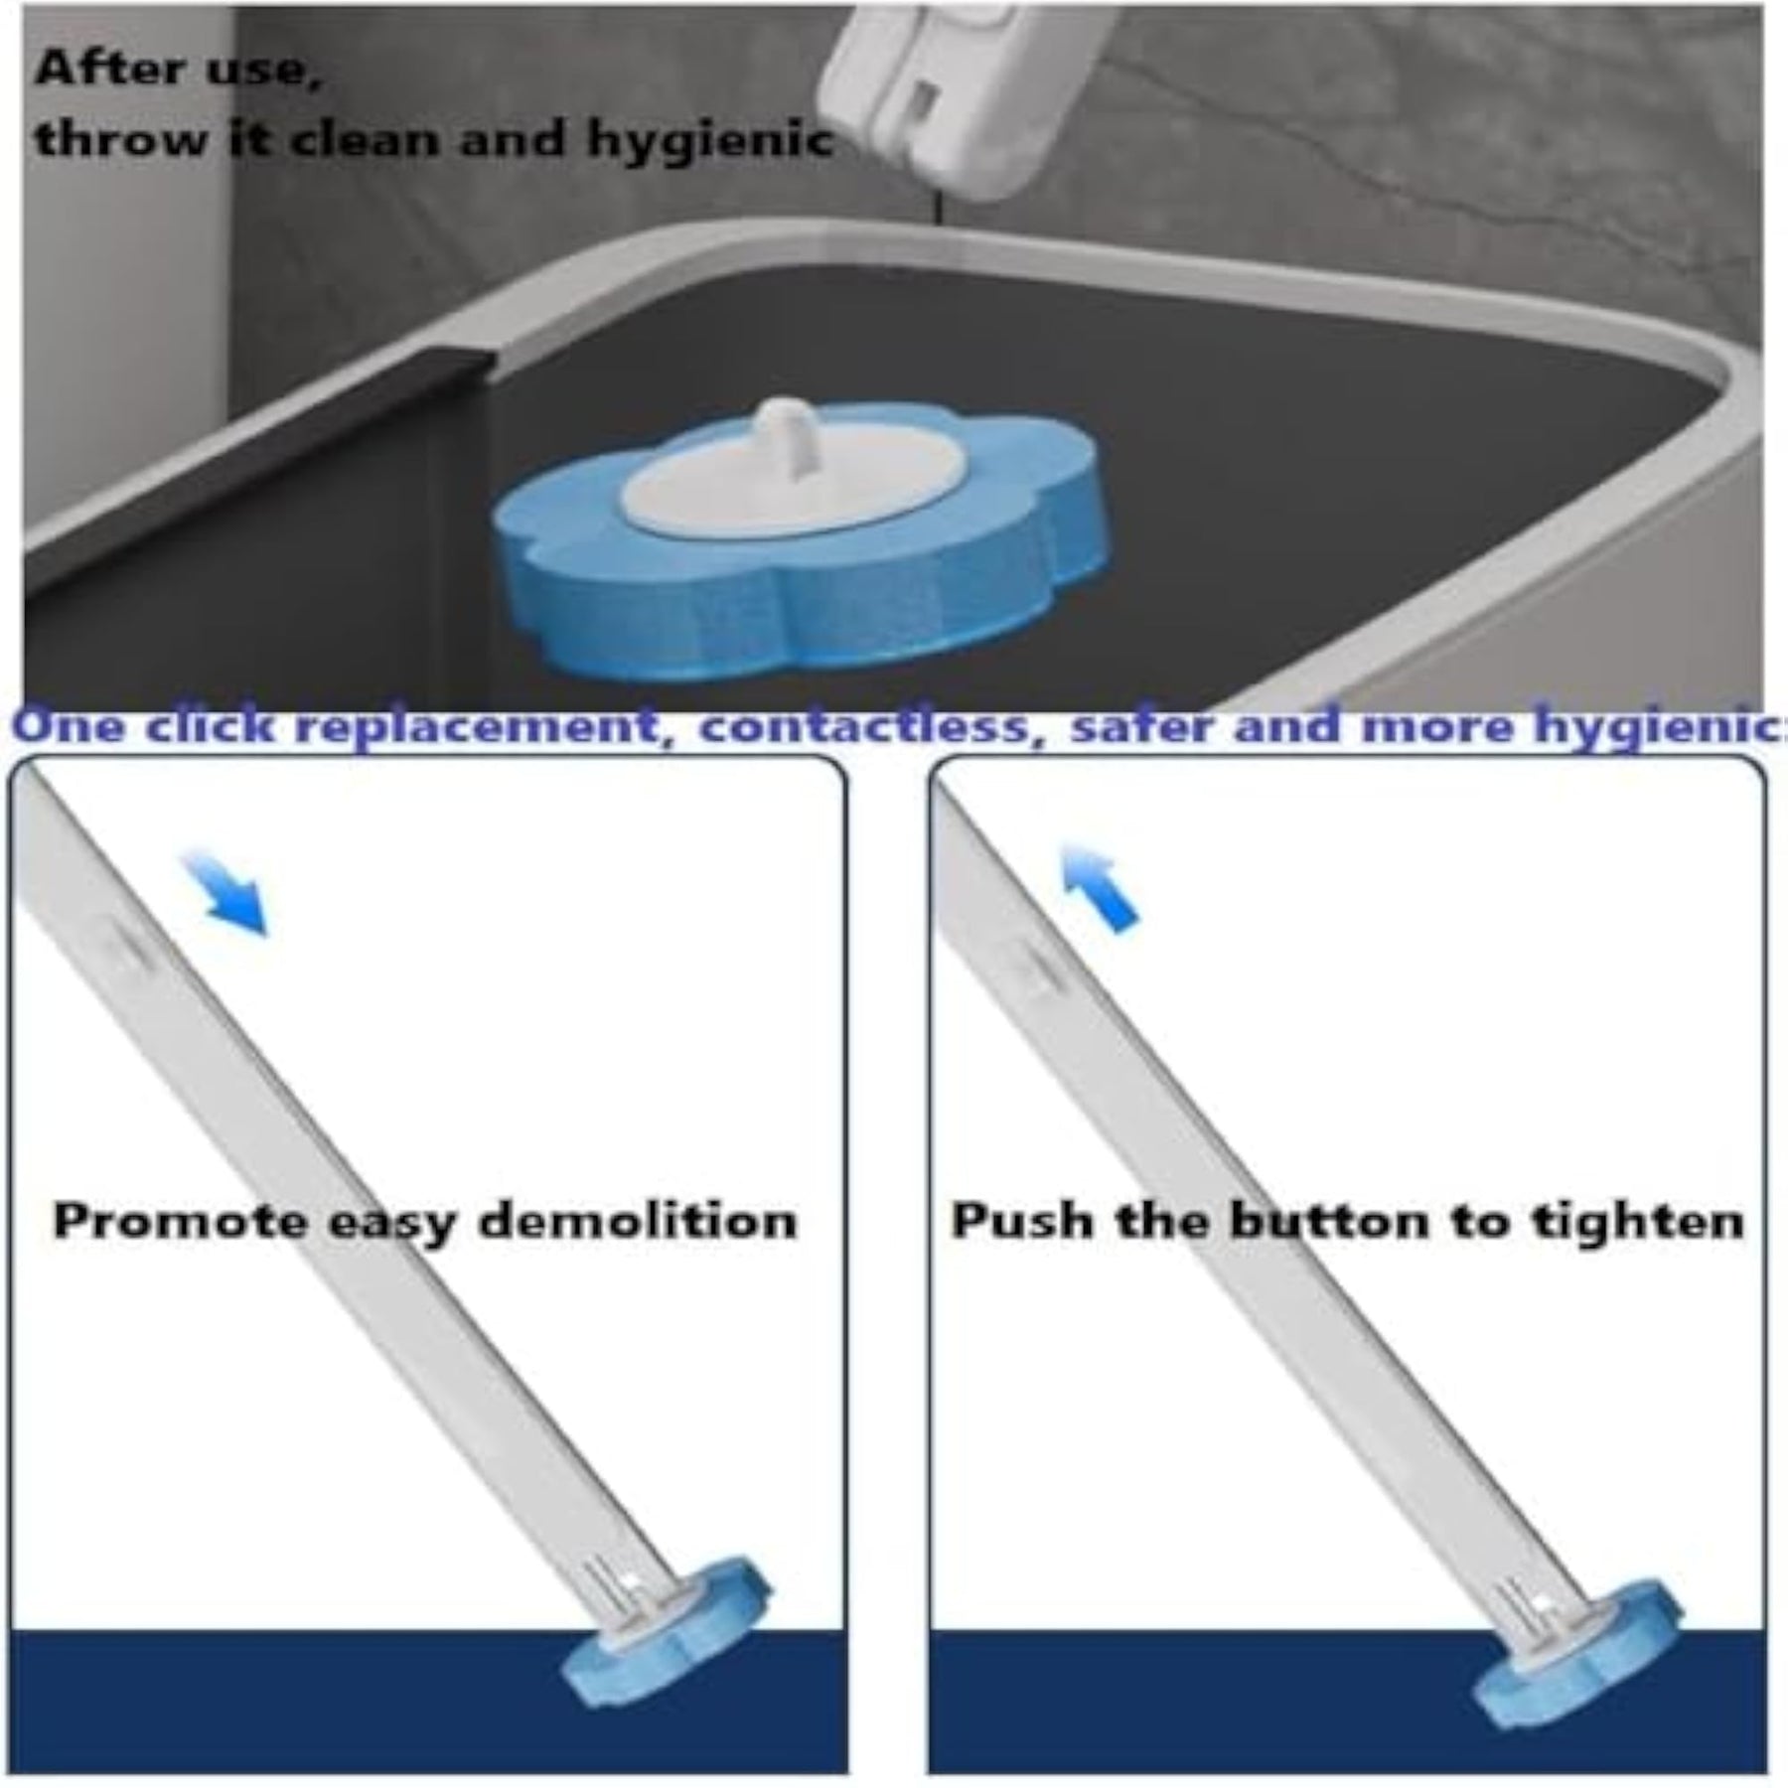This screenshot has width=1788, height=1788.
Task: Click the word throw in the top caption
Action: pos(122,140)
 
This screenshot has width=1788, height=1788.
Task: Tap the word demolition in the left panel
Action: pos(638,1220)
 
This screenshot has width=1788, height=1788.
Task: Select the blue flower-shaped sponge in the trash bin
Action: pos(795,541)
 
